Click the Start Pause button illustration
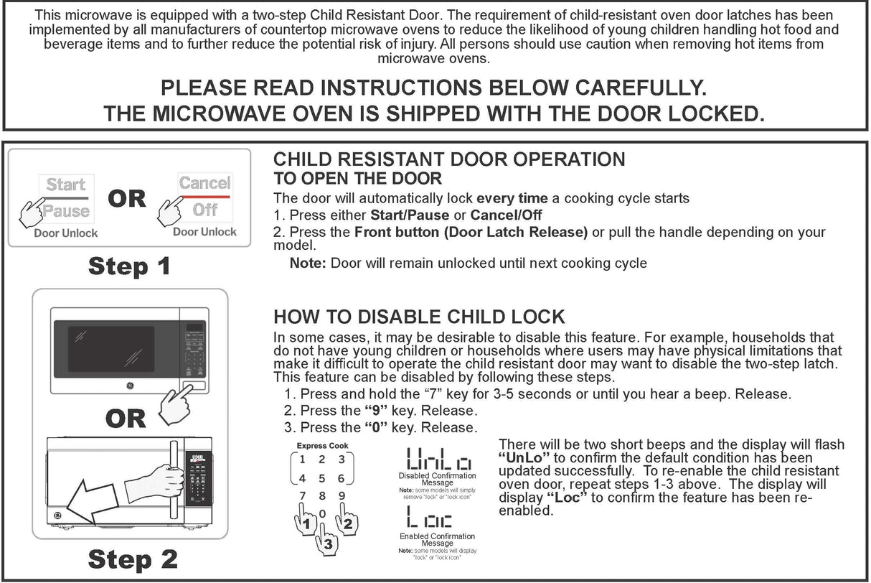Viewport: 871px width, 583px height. pos(66,197)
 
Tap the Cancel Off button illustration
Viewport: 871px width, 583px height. pos(204,196)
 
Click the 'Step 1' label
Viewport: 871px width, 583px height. pos(129,266)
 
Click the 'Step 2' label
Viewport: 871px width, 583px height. pos(133,559)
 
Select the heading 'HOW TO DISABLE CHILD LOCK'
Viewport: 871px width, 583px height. pos(419,317)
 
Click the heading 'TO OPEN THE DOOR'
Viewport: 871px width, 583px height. pos(357,178)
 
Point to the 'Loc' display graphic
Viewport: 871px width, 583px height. pos(429,518)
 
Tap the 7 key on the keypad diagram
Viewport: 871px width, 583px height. pos(303,495)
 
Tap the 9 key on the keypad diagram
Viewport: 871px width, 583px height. pos(342,495)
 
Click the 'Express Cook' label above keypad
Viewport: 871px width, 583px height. pos(322,446)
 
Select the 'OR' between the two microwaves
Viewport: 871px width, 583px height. pos(126,419)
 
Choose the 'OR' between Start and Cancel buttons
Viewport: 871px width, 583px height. pos(127,198)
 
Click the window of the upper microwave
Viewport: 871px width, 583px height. pos(111,349)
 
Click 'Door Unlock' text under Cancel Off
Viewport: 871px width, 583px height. pos(204,232)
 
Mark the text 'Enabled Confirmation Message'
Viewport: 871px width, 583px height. pos(437,540)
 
